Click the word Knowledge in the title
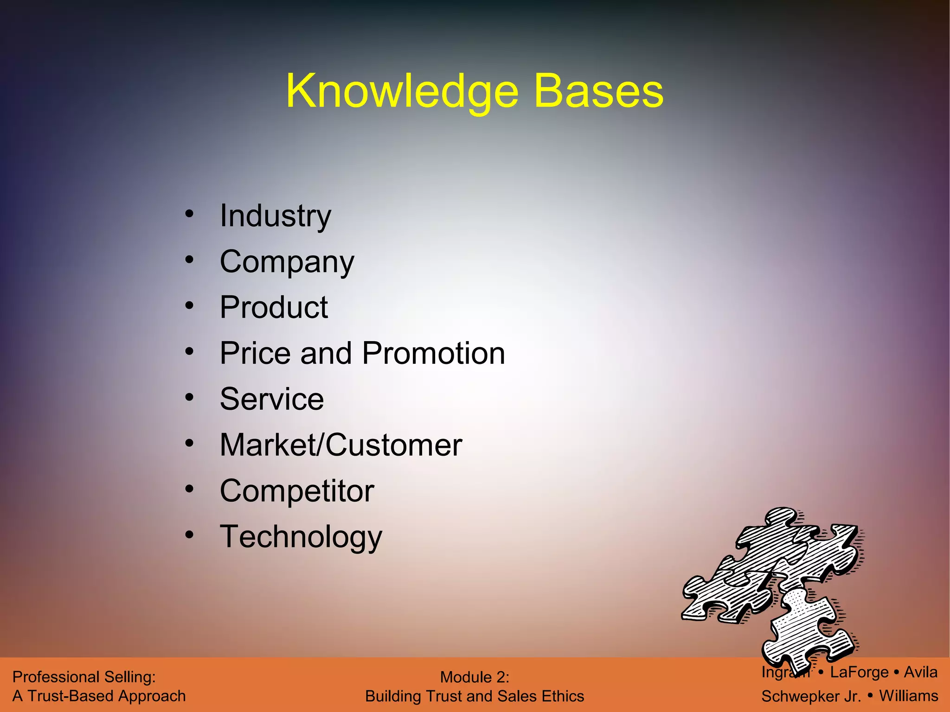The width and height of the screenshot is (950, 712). point(402,92)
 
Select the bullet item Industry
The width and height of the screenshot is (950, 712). point(276,216)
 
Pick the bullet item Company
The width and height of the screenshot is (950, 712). point(287,262)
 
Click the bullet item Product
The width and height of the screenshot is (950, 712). point(274,307)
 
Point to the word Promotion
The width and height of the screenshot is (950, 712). point(433,354)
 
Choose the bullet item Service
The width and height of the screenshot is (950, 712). point(272,399)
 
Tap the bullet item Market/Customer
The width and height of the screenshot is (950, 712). point(341,445)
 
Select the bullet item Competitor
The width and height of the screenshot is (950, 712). point(297,491)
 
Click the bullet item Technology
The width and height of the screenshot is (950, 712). point(301,537)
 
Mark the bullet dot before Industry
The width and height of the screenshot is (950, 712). point(189,214)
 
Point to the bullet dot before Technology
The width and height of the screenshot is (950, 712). point(189,535)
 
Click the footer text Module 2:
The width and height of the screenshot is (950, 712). point(475,677)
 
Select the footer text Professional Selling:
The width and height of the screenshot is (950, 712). point(84,677)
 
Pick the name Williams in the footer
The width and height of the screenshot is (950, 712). point(909,696)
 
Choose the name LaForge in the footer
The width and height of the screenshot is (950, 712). point(859,672)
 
